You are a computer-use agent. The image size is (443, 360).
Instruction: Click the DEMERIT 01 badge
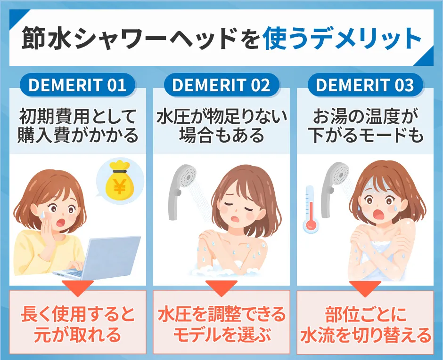(x=77, y=86)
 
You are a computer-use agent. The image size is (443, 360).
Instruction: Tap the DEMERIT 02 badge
(x=221, y=86)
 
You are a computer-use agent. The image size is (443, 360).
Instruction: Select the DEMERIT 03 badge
(x=365, y=86)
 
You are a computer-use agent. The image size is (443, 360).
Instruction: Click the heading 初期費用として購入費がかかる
(x=77, y=126)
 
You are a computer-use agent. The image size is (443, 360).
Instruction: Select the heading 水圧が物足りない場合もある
(x=221, y=126)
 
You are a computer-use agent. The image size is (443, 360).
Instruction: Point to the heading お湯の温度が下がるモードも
(x=365, y=126)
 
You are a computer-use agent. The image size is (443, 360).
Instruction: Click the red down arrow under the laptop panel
(x=77, y=289)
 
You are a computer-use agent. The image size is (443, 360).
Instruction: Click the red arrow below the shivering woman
(x=365, y=289)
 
